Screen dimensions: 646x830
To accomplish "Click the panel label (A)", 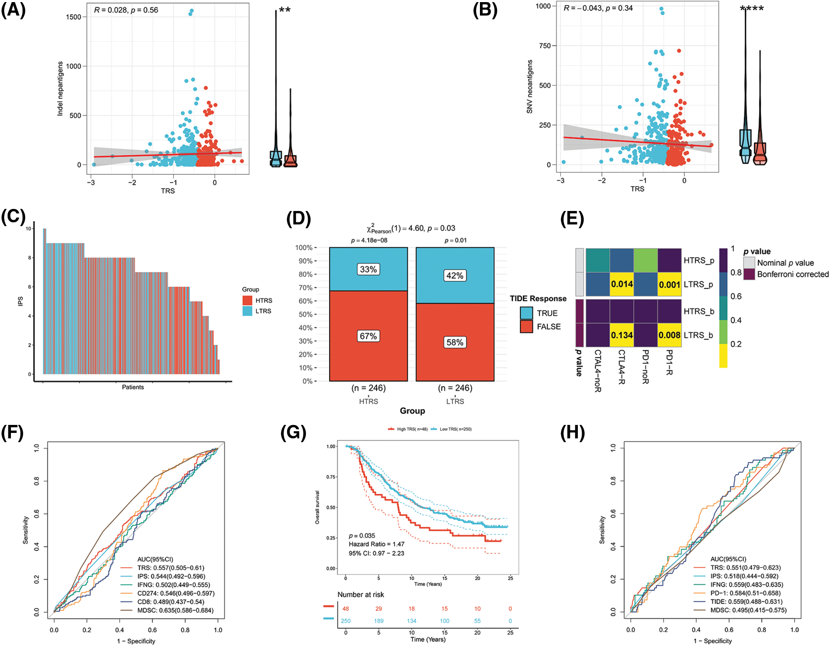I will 13,10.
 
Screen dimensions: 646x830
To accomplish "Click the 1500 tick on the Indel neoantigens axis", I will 74,17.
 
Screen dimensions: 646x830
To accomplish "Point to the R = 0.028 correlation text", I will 111,10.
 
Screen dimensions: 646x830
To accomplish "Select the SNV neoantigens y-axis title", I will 530,87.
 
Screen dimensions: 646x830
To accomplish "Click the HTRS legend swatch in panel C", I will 247,300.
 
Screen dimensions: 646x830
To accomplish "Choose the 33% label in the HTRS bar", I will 368,269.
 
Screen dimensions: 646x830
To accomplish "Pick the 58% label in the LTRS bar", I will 455,343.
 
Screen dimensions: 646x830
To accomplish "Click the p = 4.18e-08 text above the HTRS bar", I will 369,240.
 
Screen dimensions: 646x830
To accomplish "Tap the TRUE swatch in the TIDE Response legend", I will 526,313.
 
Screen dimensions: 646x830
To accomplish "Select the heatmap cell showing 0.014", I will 622,284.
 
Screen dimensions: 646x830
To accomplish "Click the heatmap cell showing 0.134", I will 622,335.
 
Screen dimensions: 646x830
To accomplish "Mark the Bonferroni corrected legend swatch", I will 749,274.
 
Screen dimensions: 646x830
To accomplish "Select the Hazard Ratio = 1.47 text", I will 376,544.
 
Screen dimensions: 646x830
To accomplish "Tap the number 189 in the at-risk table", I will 379,621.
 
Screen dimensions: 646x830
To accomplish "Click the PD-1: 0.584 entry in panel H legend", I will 745,593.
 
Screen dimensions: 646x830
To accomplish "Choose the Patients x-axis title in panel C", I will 133,387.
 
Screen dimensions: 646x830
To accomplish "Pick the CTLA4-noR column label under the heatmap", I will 598,371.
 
